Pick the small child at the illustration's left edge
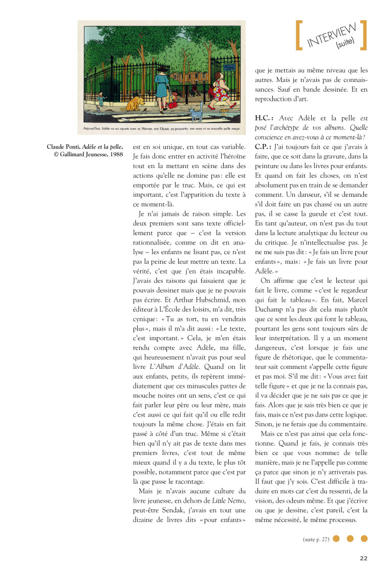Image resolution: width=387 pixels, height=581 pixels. (x=100, y=98)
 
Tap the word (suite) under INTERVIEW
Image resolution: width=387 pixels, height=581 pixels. (x=345, y=45)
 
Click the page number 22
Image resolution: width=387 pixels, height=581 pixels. (x=363, y=558)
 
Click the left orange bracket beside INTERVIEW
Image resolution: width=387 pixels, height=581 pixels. (x=299, y=35)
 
